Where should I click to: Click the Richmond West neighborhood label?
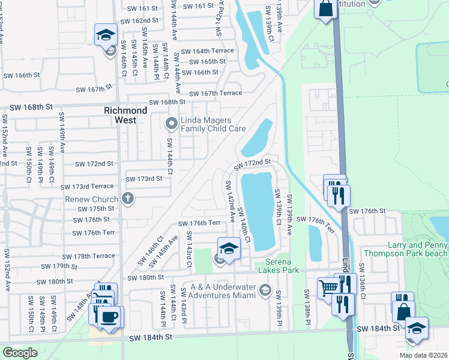(x=125, y=115)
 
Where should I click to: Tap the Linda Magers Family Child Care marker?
(x=171, y=124)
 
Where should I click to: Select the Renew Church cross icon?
(x=127, y=197)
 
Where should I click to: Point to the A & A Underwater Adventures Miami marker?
(x=264, y=292)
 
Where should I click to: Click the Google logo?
(x=20, y=353)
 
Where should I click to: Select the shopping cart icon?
(x=327, y=289)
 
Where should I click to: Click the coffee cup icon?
(x=109, y=316)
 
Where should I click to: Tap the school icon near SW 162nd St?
(x=106, y=34)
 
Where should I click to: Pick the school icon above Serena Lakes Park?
(x=229, y=248)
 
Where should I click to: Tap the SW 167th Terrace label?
(x=215, y=93)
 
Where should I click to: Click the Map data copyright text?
(x=424, y=355)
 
